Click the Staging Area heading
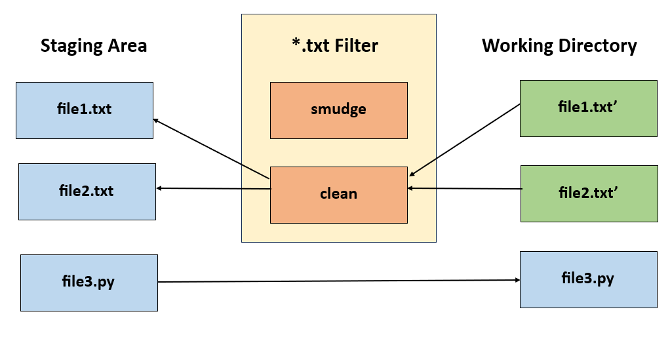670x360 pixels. tap(93, 46)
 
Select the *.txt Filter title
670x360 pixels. tap(334, 46)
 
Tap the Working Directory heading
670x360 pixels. tap(559, 46)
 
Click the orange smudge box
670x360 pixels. tap(338, 110)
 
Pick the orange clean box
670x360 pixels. tap(338, 194)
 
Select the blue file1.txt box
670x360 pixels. tap(84, 110)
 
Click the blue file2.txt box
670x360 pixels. tap(87, 191)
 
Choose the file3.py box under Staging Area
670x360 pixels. tap(89, 283)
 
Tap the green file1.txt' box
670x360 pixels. tap(588, 108)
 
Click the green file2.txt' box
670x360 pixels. tap(589, 193)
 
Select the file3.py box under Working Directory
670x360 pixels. tap(588, 279)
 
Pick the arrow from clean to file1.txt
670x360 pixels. tap(212, 149)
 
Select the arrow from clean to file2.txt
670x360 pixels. tap(214, 189)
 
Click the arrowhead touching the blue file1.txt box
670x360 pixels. tap(157, 121)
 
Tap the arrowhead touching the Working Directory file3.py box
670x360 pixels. tap(517, 280)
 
